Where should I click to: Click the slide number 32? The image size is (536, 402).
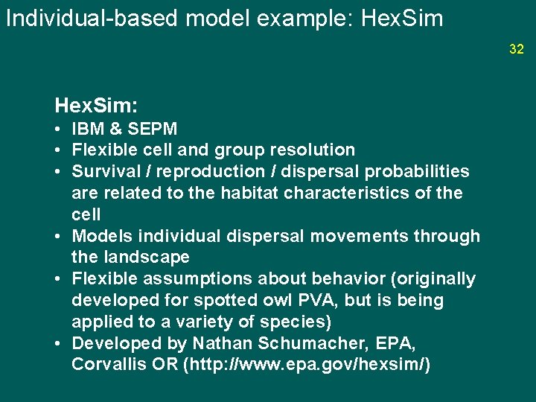point(517,49)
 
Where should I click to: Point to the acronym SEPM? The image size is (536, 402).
point(153,129)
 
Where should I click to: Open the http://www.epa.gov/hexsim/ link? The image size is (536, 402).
point(310,366)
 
